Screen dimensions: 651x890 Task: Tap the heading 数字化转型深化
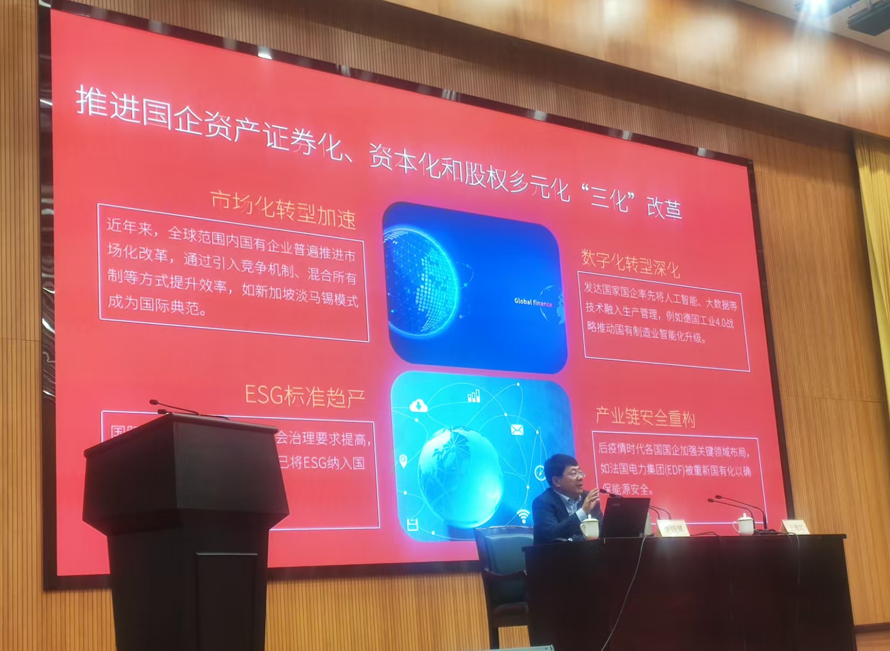click(x=630, y=263)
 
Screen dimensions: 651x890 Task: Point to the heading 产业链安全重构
click(x=645, y=417)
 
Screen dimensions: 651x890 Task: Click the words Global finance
click(x=533, y=302)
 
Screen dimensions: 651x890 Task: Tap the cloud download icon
click(x=418, y=406)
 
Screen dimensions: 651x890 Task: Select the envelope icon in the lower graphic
click(x=517, y=430)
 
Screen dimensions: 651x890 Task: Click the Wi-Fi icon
click(x=523, y=516)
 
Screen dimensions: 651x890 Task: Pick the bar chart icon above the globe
click(x=473, y=396)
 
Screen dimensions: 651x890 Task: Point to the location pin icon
click(x=403, y=461)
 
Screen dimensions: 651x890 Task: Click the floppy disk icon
click(x=412, y=525)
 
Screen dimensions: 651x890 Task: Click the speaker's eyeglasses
click(x=575, y=475)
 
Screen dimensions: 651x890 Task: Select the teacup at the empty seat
click(x=744, y=525)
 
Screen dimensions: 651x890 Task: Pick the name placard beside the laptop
click(x=673, y=528)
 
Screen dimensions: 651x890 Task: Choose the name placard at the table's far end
click(x=794, y=527)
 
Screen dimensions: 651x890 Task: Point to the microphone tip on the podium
click(x=153, y=402)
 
